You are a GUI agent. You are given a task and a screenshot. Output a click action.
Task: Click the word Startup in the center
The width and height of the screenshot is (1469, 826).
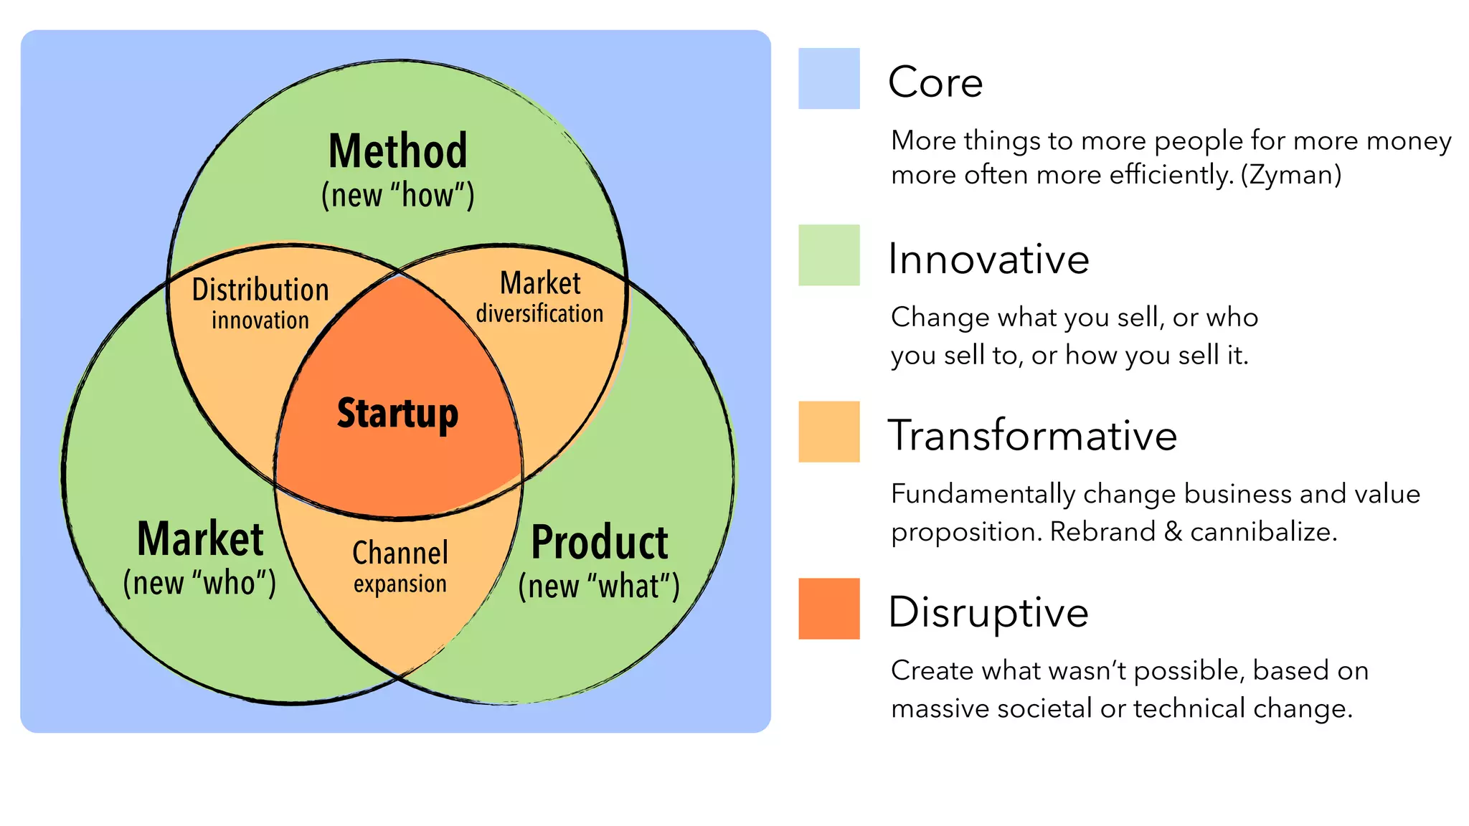[397, 414]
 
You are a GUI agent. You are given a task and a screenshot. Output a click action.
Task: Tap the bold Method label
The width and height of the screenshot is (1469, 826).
[397, 151]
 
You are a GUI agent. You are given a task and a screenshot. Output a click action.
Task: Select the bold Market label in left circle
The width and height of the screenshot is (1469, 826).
[200, 539]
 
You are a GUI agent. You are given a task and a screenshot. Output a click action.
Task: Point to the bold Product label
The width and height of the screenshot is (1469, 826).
[600, 543]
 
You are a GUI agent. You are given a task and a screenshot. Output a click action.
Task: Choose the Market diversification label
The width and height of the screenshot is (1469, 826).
[540, 298]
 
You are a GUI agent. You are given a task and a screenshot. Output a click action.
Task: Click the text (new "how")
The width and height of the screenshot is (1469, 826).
[397, 196]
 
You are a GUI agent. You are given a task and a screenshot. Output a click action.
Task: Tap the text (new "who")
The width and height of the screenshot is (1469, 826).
[199, 583]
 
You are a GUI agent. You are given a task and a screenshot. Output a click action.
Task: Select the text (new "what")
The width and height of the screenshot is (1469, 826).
[599, 587]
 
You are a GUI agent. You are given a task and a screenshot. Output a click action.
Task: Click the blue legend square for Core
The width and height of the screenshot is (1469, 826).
[828, 79]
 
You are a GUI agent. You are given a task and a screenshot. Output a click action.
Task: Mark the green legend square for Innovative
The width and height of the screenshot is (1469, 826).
[828, 255]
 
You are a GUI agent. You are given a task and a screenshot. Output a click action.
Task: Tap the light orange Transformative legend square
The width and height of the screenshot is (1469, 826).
[828, 432]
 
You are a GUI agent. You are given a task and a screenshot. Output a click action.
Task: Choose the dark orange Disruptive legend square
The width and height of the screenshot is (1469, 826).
[828, 609]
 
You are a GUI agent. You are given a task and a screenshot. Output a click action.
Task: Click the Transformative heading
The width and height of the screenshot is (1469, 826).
[1032, 435]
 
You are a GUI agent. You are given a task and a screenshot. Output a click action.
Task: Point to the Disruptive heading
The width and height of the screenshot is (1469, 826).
[988, 612]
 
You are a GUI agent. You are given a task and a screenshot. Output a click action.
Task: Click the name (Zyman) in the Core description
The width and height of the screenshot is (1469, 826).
[1291, 175]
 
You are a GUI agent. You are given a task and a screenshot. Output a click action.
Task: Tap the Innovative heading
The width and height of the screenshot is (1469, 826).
[988, 259]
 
